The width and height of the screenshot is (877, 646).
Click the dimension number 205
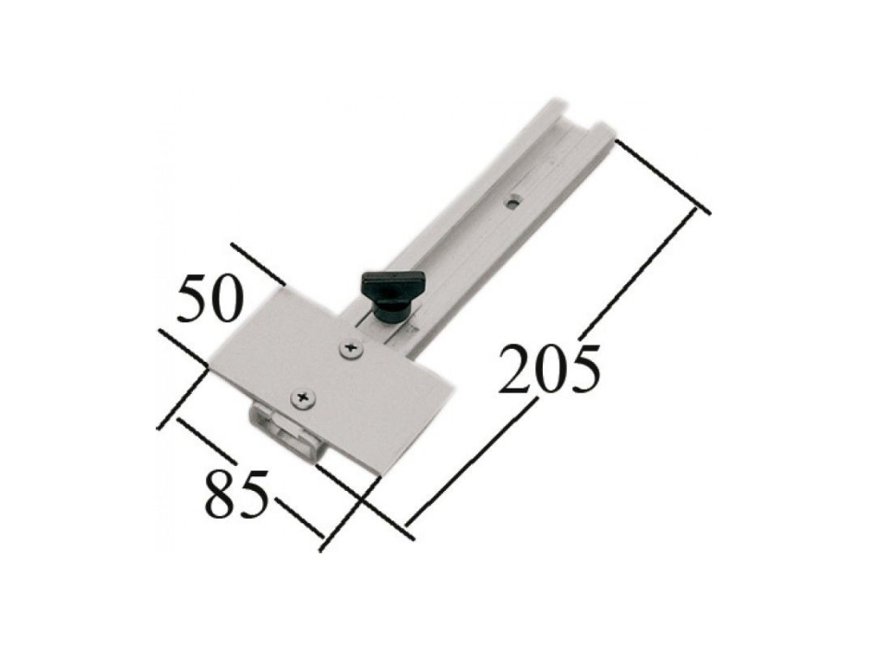click(x=550, y=370)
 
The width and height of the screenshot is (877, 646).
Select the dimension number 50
click(x=210, y=298)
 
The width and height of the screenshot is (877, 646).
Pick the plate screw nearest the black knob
click(x=351, y=349)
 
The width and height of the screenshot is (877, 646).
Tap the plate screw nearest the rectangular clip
click(x=304, y=398)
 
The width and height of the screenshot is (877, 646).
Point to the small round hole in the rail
click(x=511, y=202)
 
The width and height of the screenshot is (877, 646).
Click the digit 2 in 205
click(x=513, y=370)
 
